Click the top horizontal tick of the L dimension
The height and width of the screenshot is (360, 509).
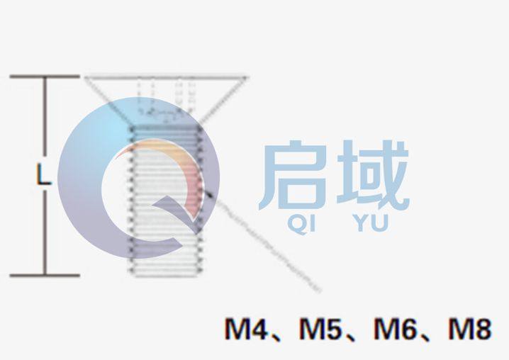click(44, 76)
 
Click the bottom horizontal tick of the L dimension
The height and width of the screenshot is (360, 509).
click(44, 275)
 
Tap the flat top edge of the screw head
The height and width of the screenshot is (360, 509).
click(167, 76)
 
